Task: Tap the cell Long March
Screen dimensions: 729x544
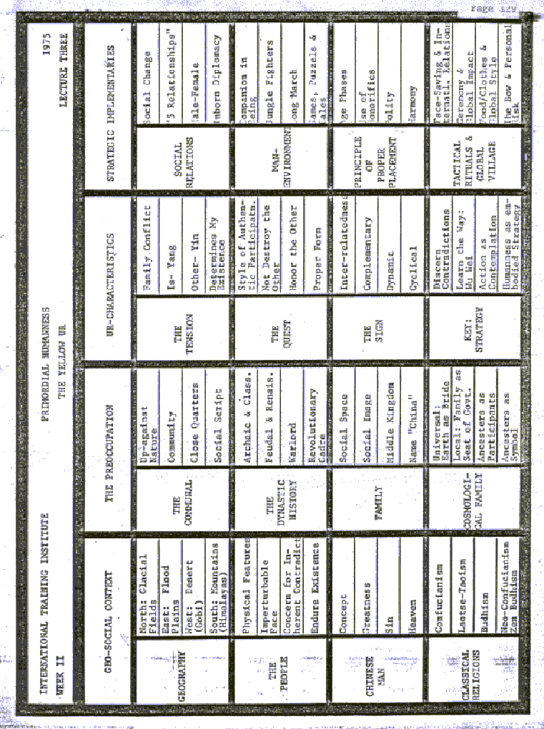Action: coord(292,71)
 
